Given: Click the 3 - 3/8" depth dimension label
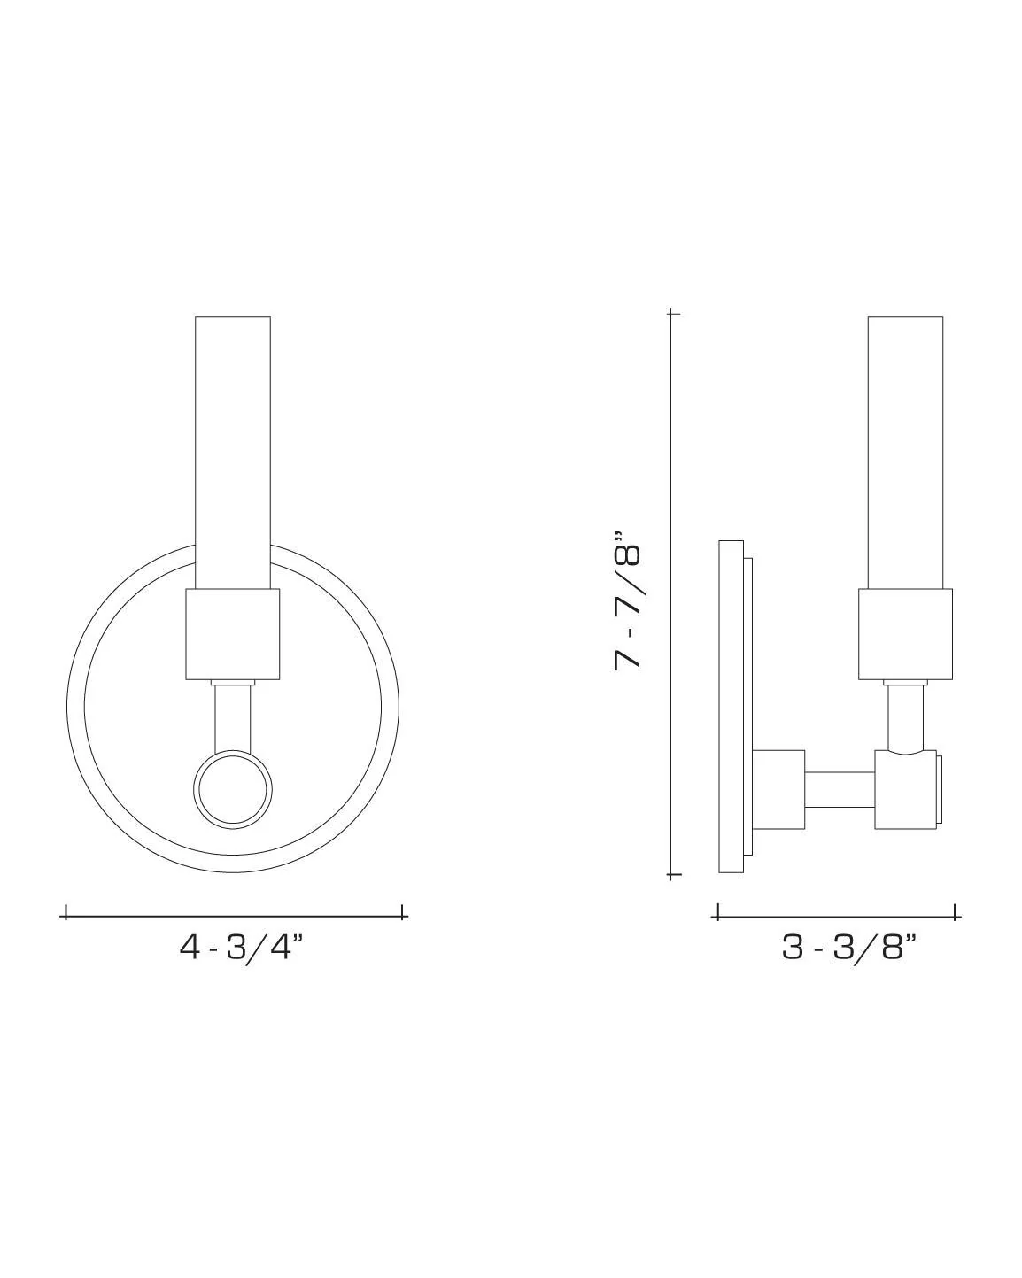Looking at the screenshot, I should [848, 948].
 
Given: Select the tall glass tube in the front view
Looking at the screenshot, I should [233, 452].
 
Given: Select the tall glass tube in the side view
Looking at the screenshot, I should [905, 452].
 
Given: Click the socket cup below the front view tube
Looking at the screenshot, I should [233, 634].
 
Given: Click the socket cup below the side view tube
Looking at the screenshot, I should [905, 634].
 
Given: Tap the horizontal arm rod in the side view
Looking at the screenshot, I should [840, 790].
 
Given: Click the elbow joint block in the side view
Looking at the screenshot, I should [905, 790].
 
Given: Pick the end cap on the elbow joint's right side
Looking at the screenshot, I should [941, 790].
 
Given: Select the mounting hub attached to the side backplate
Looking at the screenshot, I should [778, 790].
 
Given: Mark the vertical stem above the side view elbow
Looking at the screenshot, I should [905, 716].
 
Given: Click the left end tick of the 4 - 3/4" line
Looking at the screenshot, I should [66, 912].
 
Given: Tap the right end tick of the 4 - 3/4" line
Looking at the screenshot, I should [404, 912].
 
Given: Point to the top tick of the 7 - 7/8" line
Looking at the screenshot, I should [673, 314].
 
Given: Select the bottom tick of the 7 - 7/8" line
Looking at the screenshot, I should [673, 875].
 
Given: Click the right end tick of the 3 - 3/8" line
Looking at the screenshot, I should [956, 912].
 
